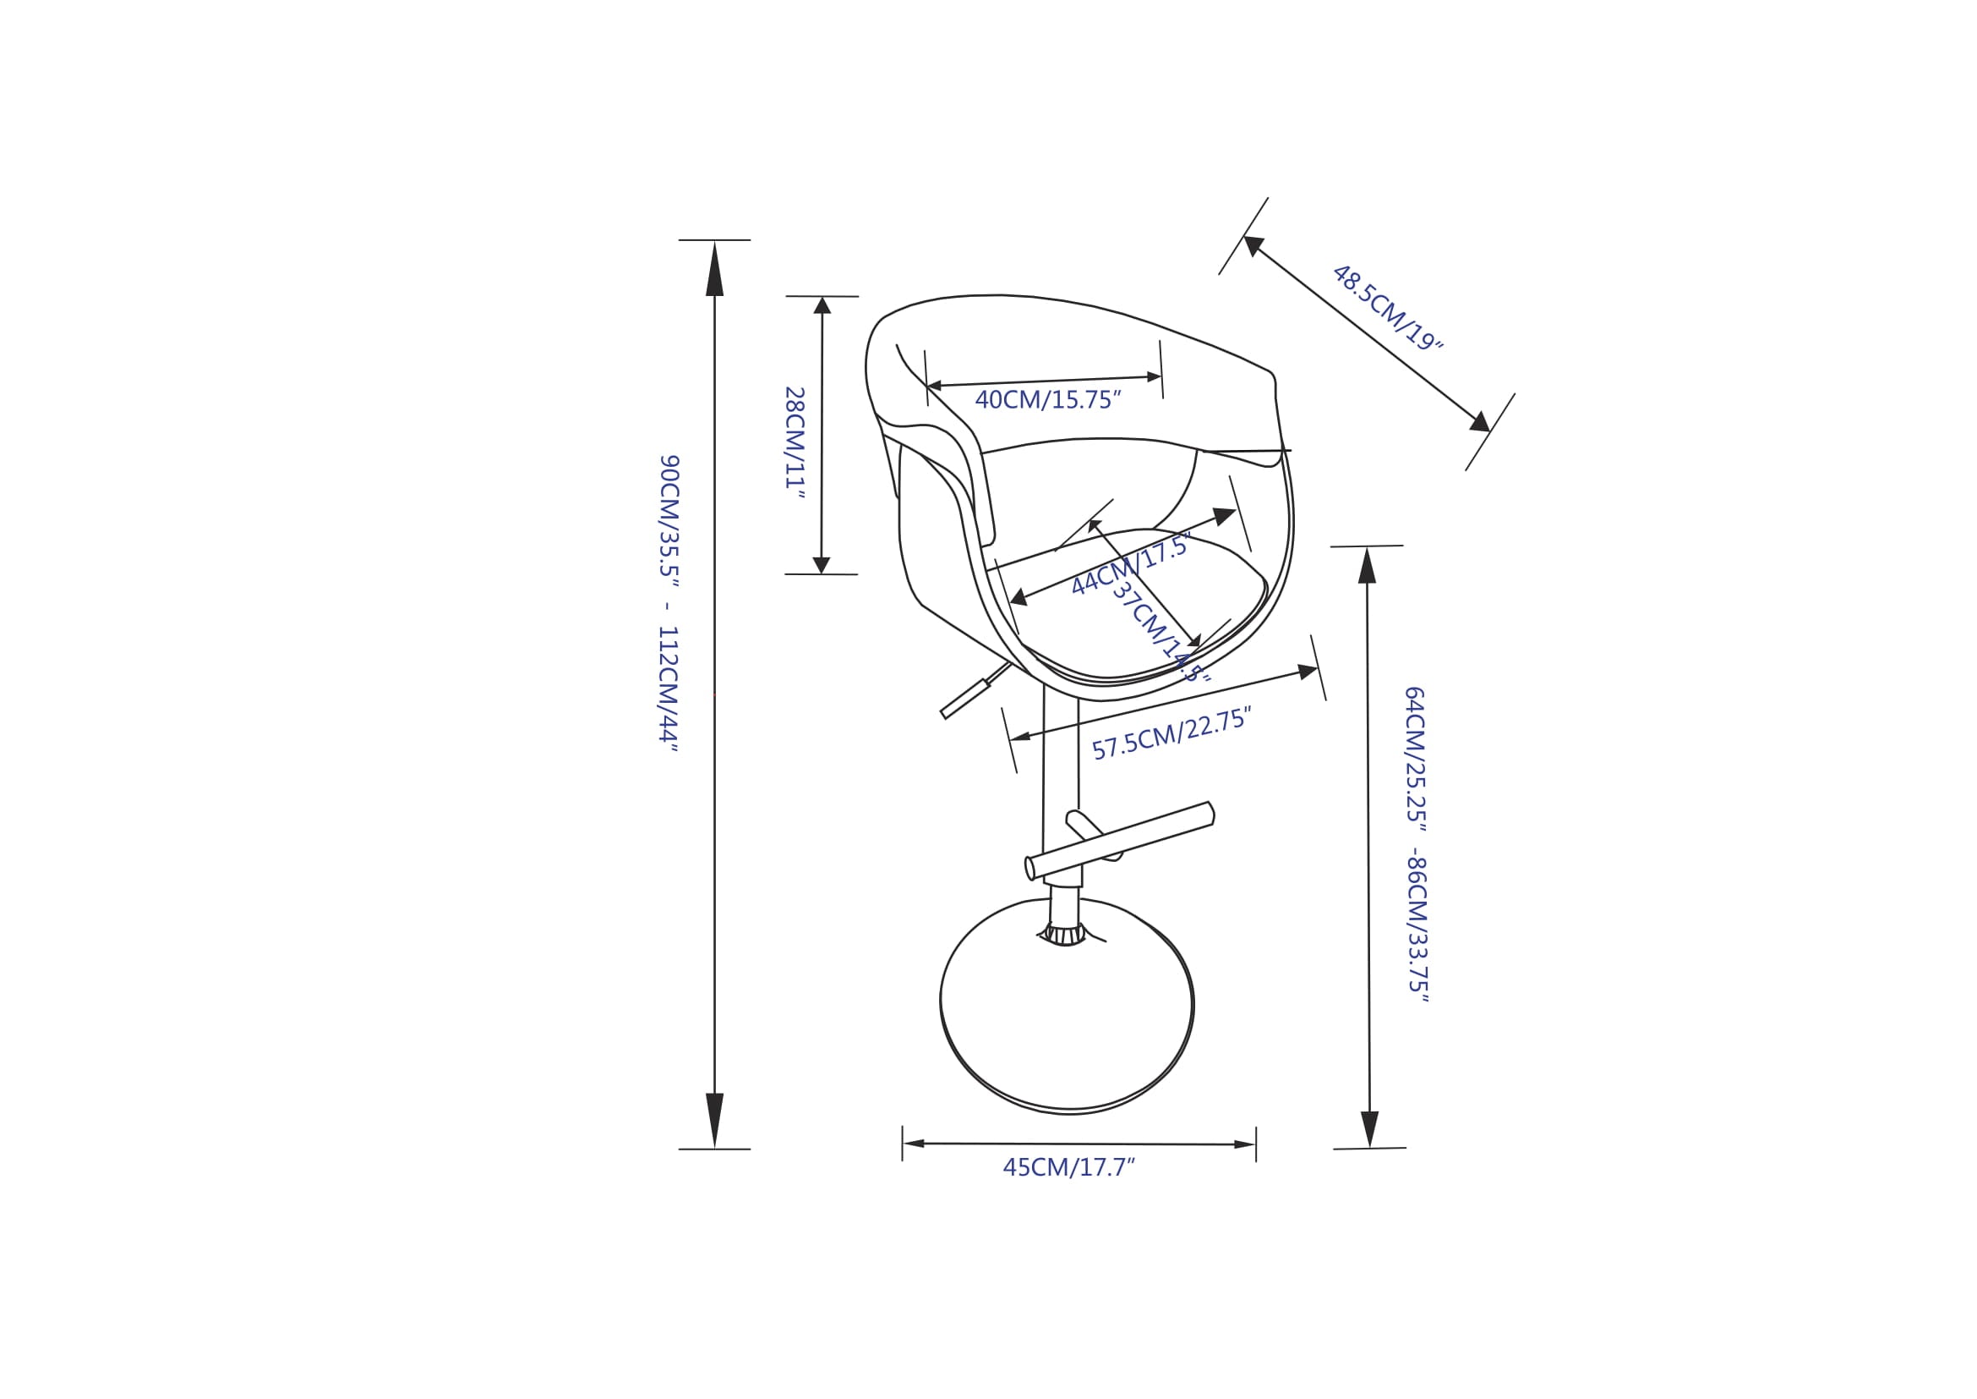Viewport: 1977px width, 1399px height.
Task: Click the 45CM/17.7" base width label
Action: point(1068,1168)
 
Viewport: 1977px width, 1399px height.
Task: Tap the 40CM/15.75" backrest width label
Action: point(1048,400)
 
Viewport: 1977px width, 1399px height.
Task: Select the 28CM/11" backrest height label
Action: point(794,442)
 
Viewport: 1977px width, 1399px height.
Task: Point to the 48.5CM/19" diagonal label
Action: point(1386,308)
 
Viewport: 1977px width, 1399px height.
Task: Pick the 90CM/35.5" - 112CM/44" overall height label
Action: point(669,603)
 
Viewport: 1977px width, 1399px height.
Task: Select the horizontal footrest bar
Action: point(1119,841)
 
